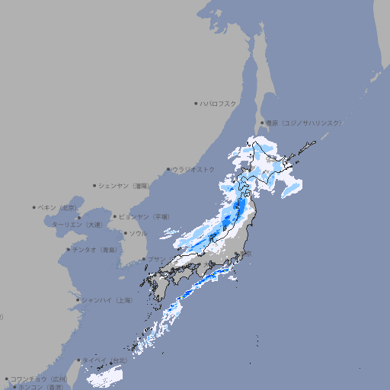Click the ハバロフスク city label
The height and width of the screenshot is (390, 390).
[x=219, y=103]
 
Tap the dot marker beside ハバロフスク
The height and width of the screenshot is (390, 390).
[x=196, y=103]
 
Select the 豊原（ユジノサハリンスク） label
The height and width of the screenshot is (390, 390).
[x=304, y=123]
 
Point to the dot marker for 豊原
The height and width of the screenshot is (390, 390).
[x=262, y=123]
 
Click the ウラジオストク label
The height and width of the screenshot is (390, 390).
[x=193, y=169]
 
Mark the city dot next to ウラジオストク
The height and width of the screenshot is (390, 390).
[x=168, y=169]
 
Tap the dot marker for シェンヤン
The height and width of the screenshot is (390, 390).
[x=95, y=185]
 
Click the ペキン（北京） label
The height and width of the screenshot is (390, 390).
[x=59, y=207]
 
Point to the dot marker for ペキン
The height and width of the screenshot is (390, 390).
[x=34, y=207]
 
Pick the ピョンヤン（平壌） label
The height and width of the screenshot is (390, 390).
[x=144, y=216]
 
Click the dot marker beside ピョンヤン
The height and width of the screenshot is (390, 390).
[x=115, y=216]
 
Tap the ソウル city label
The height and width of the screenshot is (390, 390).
[x=138, y=233]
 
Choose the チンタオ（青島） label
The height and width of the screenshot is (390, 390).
[x=95, y=249]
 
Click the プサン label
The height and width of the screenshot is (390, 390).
[x=156, y=259]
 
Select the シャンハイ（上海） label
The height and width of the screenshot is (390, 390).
[x=107, y=300]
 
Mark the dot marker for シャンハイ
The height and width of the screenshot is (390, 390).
[x=78, y=300]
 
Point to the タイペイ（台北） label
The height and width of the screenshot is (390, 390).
[x=106, y=360]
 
